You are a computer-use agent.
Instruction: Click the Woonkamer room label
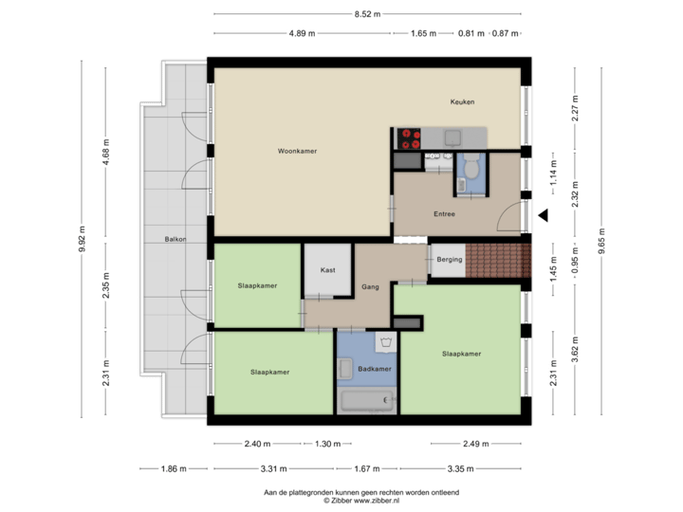(x=297, y=151)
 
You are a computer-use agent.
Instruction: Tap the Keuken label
(x=462, y=102)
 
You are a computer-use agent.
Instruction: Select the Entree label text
(x=444, y=214)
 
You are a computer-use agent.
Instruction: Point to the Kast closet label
(x=327, y=270)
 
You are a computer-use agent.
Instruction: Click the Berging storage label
(x=449, y=259)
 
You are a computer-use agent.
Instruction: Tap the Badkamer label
(x=375, y=369)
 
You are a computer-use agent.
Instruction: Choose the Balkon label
(x=174, y=240)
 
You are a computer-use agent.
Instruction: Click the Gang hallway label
(x=370, y=286)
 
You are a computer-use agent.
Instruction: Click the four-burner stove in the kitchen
(x=409, y=138)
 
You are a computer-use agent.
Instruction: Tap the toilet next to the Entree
(x=470, y=173)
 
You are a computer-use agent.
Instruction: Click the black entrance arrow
(x=544, y=216)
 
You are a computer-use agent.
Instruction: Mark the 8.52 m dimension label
(x=367, y=14)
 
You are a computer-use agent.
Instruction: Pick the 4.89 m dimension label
(x=304, y=33)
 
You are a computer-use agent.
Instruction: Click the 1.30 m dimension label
(x=327, y=444)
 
